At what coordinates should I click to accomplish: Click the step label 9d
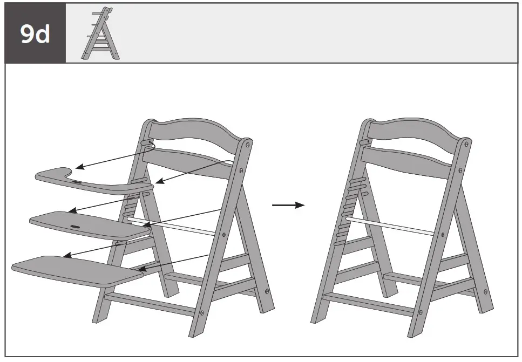(x=35, y=33)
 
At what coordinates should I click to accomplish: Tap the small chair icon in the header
(x=101, y=33)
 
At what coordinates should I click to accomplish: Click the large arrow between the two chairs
(x=288, y=205)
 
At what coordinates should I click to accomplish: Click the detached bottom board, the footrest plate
(x=76, y=269)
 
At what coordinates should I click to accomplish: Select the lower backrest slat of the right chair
(x=408, y=161)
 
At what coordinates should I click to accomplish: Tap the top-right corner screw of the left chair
(x=247, y=144)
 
